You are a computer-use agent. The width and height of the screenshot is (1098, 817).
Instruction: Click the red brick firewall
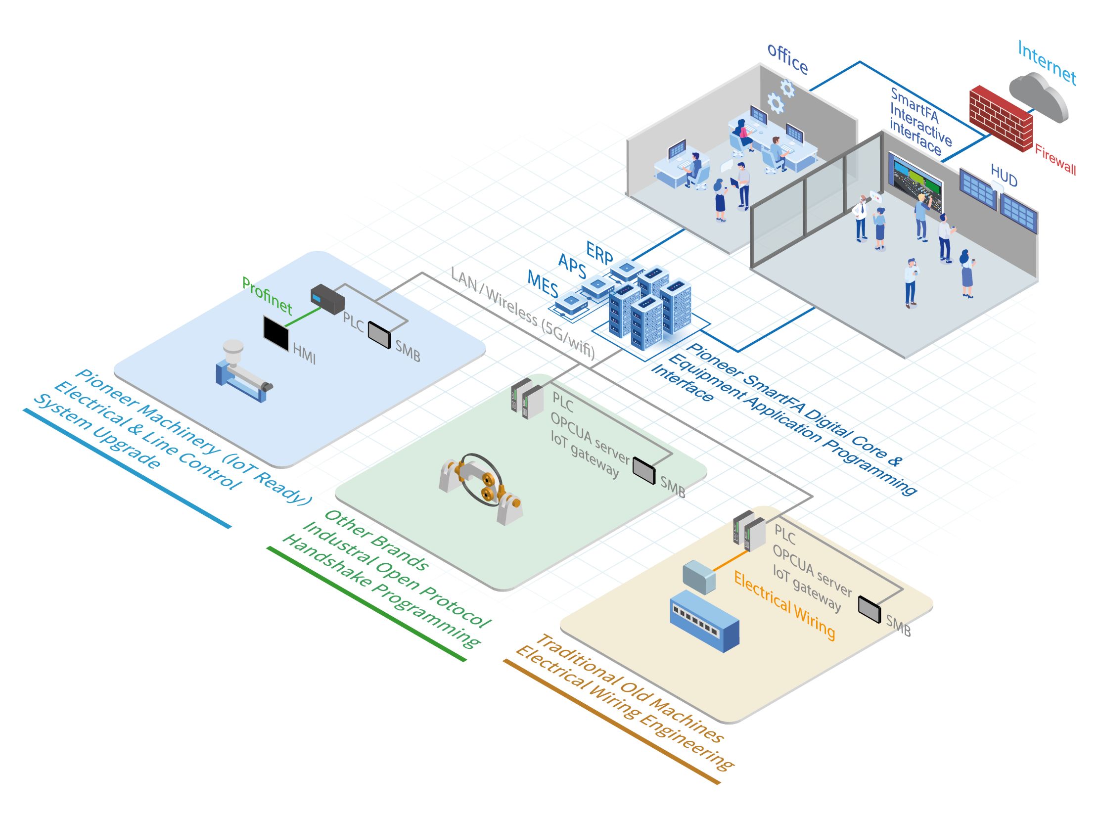coord(1000,119)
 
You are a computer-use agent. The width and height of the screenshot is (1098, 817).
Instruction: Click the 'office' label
coord(787,59)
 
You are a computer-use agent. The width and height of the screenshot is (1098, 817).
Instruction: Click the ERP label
coord(599,253)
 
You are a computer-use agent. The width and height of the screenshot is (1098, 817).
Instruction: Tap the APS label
coord(572,266)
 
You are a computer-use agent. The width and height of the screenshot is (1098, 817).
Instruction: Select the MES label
coord(543,284)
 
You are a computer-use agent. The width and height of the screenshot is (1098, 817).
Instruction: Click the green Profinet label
coord(267,296)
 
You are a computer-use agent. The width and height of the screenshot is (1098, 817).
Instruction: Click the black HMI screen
coord(276,333)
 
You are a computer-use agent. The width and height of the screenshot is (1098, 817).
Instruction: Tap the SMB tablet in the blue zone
coord(379,335)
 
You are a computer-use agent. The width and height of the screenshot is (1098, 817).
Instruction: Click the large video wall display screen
coord(915,182)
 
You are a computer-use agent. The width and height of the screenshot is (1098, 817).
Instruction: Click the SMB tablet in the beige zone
coord(869,609)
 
